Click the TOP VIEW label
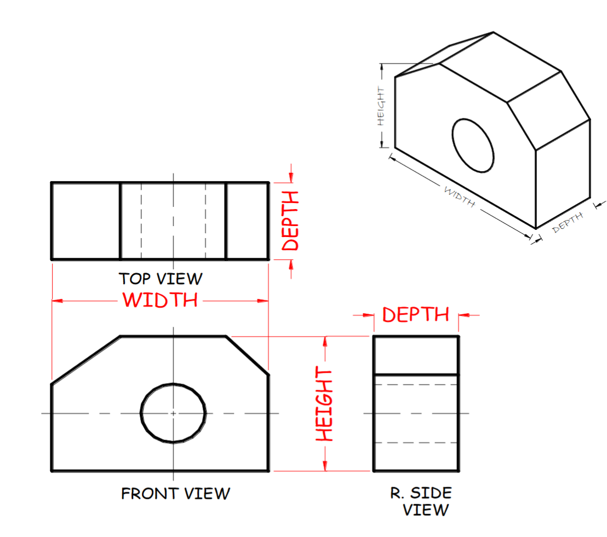[161, 279]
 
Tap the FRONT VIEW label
[175, 494]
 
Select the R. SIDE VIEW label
[421, 501]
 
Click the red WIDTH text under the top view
[160, 301]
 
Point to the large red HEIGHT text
[325, 405]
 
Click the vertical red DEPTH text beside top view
[290, 221]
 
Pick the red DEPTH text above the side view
[415, 315]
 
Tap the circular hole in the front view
[173, 413]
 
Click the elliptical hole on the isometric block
[473, 145]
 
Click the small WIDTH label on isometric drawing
[459, 197]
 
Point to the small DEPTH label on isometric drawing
[568, 223]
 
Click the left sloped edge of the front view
[85, 360]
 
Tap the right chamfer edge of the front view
[247, 355]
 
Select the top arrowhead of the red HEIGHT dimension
[325, 341]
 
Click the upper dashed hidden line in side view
[416, 385]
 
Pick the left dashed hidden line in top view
[141, 221]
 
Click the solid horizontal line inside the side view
[416, 375]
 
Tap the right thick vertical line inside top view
[226, 221]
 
